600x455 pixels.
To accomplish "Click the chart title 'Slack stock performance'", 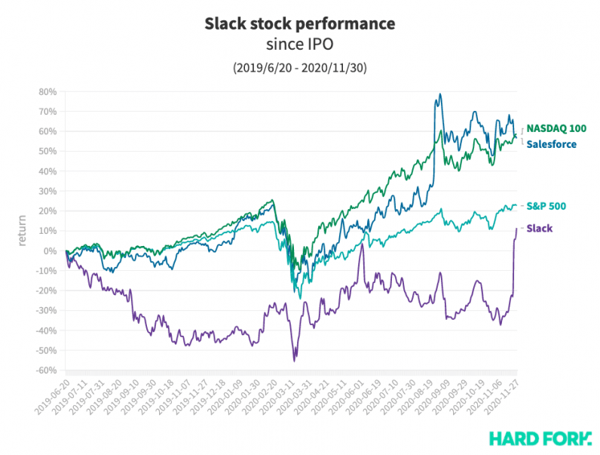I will coord(299,24).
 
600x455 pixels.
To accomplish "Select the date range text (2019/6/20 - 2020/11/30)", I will coord(299,68).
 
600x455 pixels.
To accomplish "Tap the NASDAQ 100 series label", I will coord(556,128).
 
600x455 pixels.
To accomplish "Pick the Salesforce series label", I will coord(551,143).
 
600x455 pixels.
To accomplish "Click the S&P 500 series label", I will coord(546,205).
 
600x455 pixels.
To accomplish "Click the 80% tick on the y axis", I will coord(47,91).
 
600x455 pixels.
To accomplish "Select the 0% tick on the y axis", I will coord(51,251).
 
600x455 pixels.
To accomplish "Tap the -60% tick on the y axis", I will coord(46,370).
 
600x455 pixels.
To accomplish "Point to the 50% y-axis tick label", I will coord(47,151).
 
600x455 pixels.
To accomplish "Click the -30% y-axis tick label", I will coord(46,311).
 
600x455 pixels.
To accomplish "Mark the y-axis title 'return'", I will coord(23,231).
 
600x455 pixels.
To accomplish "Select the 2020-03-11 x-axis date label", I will coord(279,395).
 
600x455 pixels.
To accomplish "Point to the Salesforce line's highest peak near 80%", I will coord(439,94).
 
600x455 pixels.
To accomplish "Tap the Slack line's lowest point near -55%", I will coord(294,361).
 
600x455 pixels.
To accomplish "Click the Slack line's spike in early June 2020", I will coord(362,245).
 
